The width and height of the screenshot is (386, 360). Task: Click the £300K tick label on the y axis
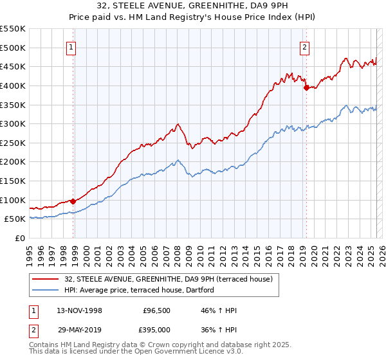point(13,123)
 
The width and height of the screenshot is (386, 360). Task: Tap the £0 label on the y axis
point(21,238)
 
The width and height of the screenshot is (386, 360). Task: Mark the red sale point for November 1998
point(73,201)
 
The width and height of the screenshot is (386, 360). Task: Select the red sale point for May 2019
point(306,87)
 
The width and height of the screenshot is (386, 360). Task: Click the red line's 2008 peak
point(178,124)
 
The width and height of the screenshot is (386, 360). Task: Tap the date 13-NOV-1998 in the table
point(80,310)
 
